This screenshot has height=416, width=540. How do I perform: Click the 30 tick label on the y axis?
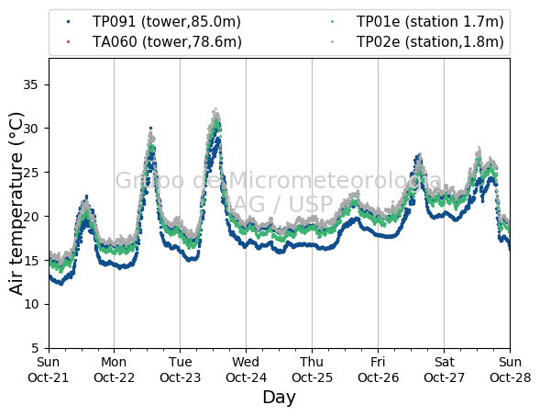click(x=30, y=129)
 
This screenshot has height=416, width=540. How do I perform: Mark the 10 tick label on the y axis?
click(x=30, y=304)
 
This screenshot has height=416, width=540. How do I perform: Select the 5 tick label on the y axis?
click(x=35, y=348)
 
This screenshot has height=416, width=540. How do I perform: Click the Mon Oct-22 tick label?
click(x=114, y=370)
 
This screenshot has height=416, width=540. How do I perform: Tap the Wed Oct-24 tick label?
click(x=246, y=370)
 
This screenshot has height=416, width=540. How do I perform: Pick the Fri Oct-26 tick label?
click(x=378, y=370)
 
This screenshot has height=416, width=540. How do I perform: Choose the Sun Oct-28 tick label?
click(x=510, y=370)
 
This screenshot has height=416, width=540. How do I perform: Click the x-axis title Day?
click(x=279, y=398)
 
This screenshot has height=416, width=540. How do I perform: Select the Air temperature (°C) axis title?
click(x=16, y=204)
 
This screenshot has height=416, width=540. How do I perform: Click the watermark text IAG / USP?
click(x=279, y=204)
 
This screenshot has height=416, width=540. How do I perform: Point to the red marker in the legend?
click(x=68, y=42)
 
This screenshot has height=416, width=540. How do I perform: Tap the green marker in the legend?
click(x=332, y=22)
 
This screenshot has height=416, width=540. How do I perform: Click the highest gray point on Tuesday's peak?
click(x=216, y=109)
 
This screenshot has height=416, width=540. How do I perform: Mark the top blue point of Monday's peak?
click(x=150, y=128)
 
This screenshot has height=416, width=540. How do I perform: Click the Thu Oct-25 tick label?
click(x=312, y=370)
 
